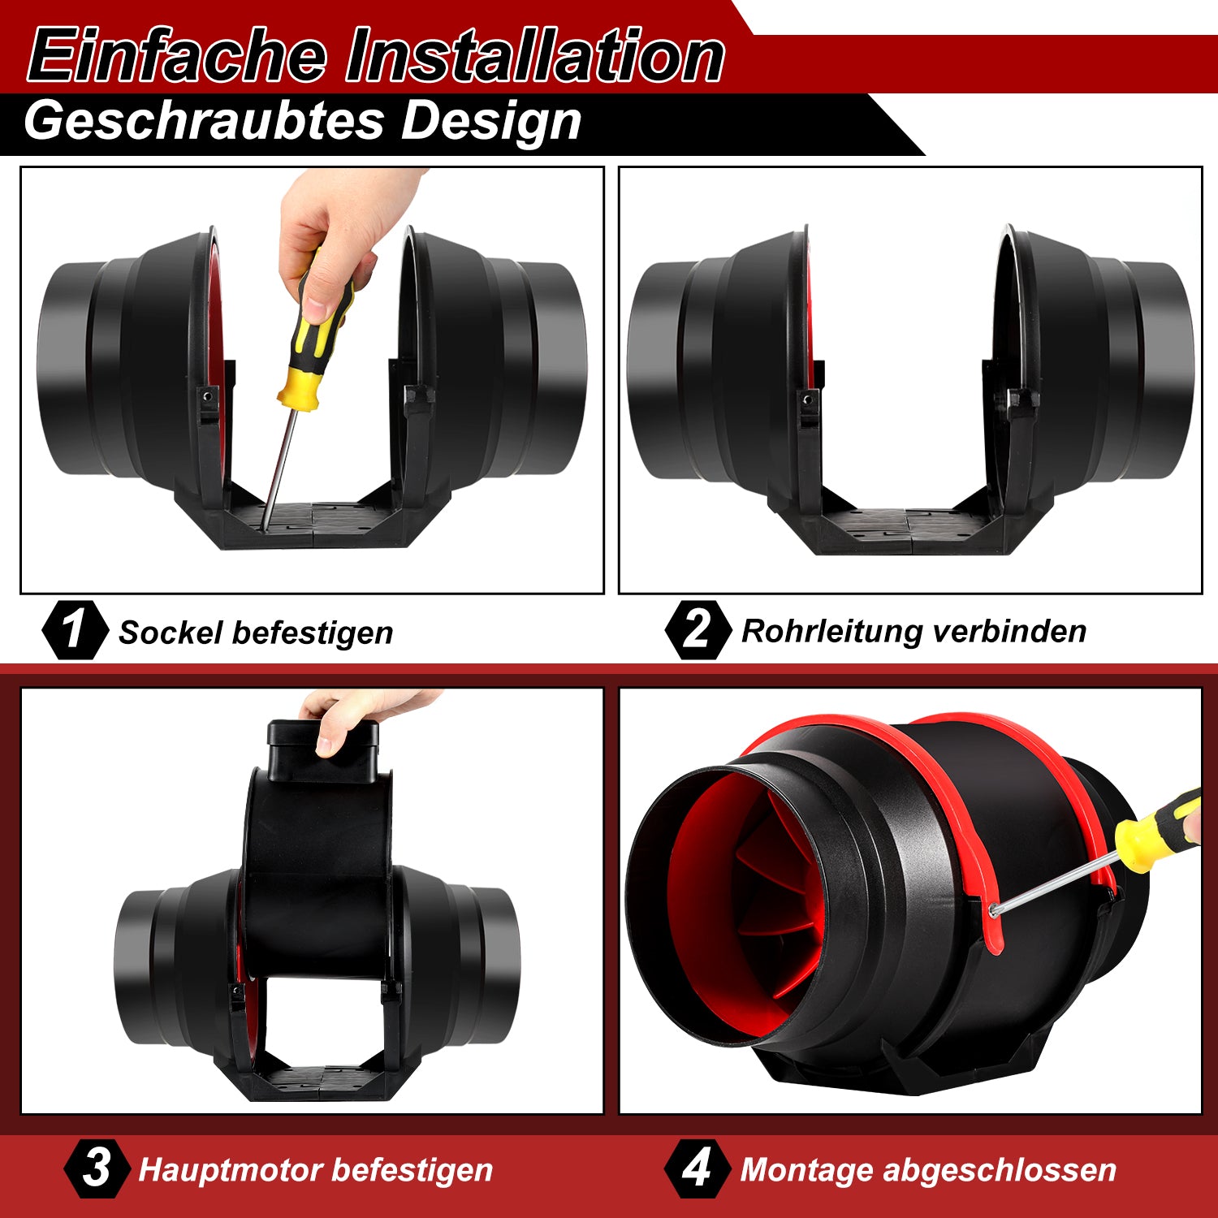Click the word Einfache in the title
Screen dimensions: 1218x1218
[177, 54]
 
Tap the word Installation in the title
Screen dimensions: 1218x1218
[535, 54]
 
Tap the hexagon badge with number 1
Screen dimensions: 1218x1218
[74, 629]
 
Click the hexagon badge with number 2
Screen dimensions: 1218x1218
[698, 629]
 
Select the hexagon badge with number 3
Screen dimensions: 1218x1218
[97, 1168]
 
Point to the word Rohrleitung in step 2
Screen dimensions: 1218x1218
[832, 631]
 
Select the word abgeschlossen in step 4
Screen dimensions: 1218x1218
[1000, 1171]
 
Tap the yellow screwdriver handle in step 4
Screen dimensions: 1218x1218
[1159, 829]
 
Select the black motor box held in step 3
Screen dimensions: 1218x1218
[322, 751]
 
